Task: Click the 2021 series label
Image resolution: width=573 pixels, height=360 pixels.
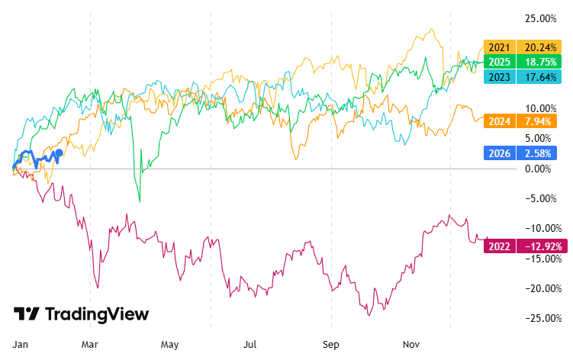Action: (500, 47)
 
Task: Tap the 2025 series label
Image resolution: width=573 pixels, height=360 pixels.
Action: (500, 62)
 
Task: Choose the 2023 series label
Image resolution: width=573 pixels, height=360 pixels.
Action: (500, 76)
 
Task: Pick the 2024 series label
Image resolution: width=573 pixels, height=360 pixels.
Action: (500, 121)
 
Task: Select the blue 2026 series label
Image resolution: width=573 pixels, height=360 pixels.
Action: (500, 153)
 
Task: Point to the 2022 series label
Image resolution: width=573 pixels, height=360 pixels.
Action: (500, 246)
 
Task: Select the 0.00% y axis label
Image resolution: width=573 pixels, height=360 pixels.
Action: (542, 169)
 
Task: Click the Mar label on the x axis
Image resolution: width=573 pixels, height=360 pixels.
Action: (91, 344)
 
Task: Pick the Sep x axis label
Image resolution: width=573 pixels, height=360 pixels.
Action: (330, 344)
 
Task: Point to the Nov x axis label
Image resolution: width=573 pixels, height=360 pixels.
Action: (410, 344)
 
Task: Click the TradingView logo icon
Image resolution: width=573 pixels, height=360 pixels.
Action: (27, 314)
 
